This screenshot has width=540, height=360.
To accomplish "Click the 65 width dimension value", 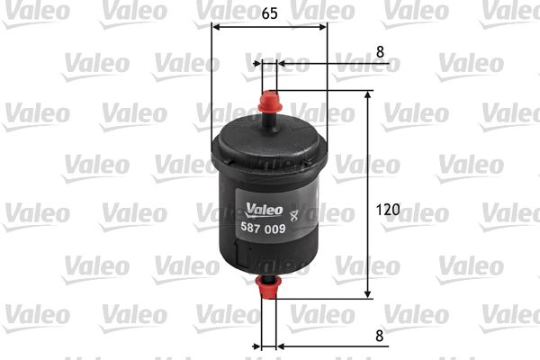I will [269, 13].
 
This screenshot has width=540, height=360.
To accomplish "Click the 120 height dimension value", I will [386, 209].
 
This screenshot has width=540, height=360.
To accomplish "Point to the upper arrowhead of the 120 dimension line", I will [368, 96].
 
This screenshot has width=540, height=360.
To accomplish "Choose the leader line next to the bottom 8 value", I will [324, 346].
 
